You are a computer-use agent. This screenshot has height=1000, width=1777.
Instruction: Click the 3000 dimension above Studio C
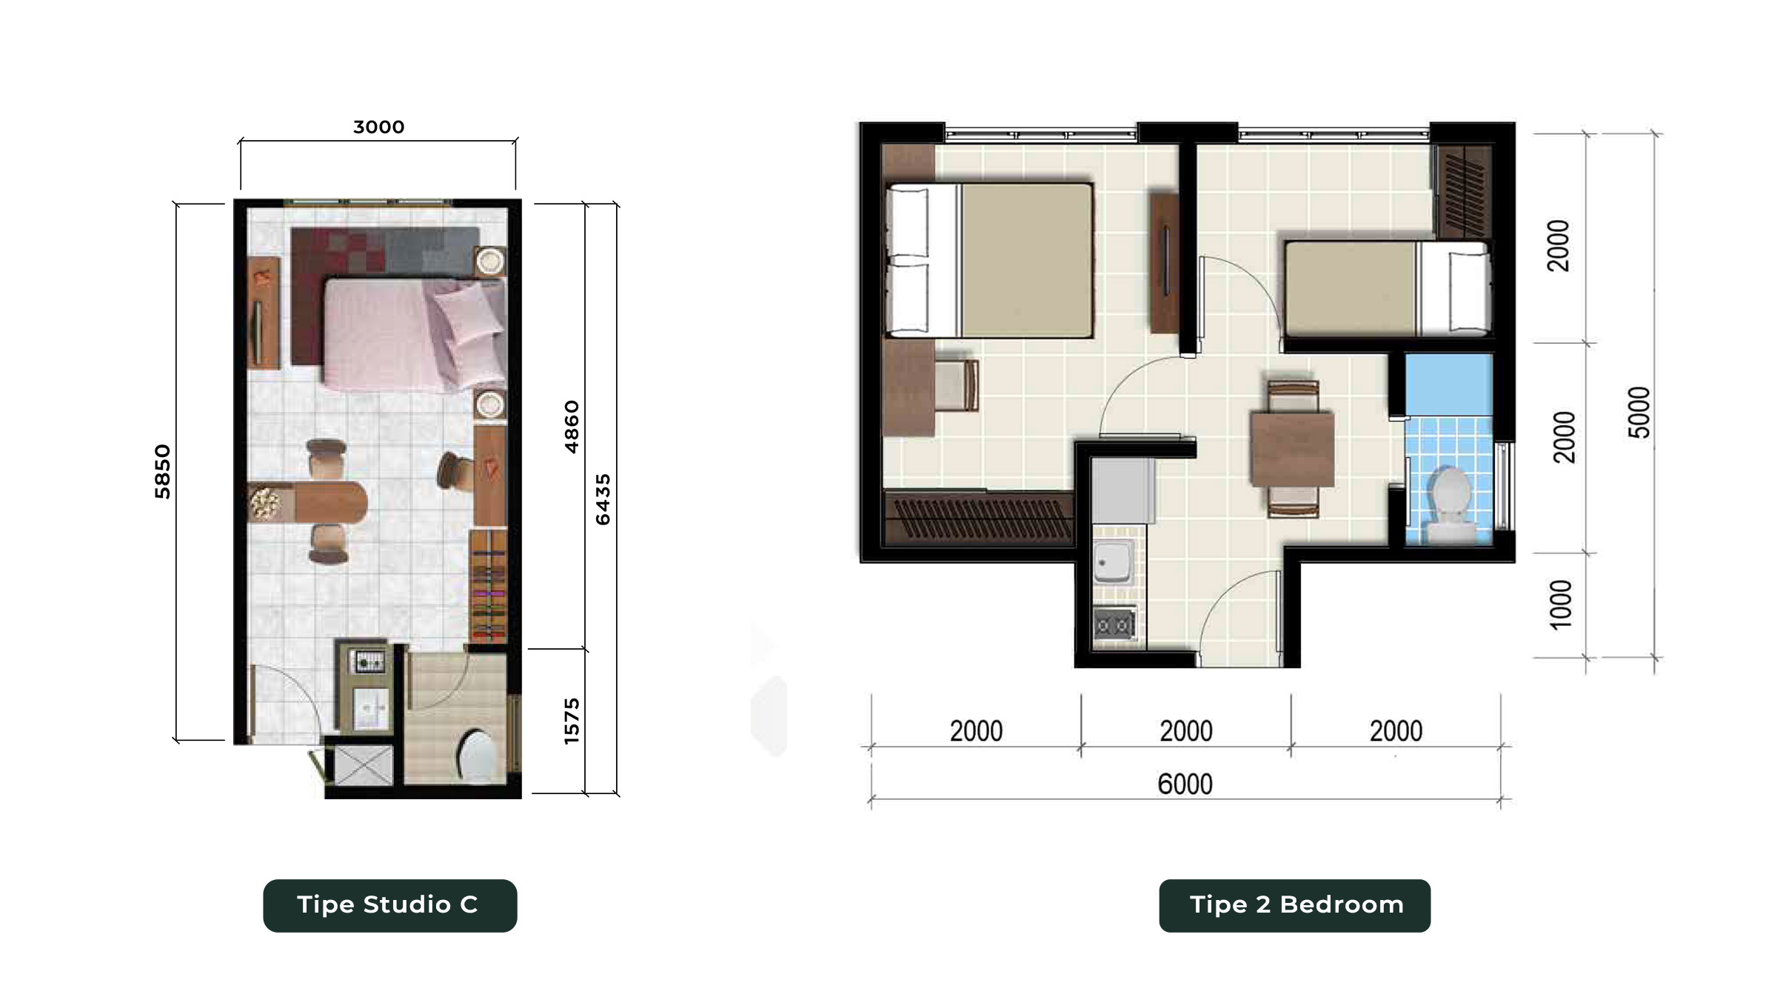pos(378,127)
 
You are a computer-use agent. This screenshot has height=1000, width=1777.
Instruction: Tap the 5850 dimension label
pos(162,472)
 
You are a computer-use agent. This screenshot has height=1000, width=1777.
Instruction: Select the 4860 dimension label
pos(572,427)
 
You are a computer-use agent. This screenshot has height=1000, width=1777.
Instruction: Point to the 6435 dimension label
pos(603,500)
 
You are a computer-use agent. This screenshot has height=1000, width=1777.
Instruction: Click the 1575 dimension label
pos(572,721)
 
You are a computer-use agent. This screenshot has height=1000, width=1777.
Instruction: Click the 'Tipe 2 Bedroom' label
pos(1296,904)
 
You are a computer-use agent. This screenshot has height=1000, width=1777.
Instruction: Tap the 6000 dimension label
pos(1185,784)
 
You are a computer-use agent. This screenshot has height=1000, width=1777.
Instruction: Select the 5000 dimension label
pos(1639,413)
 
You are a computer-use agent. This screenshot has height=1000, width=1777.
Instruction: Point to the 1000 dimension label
pos(1561,604)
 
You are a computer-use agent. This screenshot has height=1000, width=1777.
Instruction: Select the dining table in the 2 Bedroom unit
pos(1292,449)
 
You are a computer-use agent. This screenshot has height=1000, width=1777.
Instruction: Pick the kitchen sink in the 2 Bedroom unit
pos(1113,561)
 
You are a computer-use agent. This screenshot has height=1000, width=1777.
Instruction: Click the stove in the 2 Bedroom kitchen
pos(1115,624)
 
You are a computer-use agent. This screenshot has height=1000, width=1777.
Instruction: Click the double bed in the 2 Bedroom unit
pos(990,261)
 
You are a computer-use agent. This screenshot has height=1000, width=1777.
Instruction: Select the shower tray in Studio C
pos(364,765)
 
